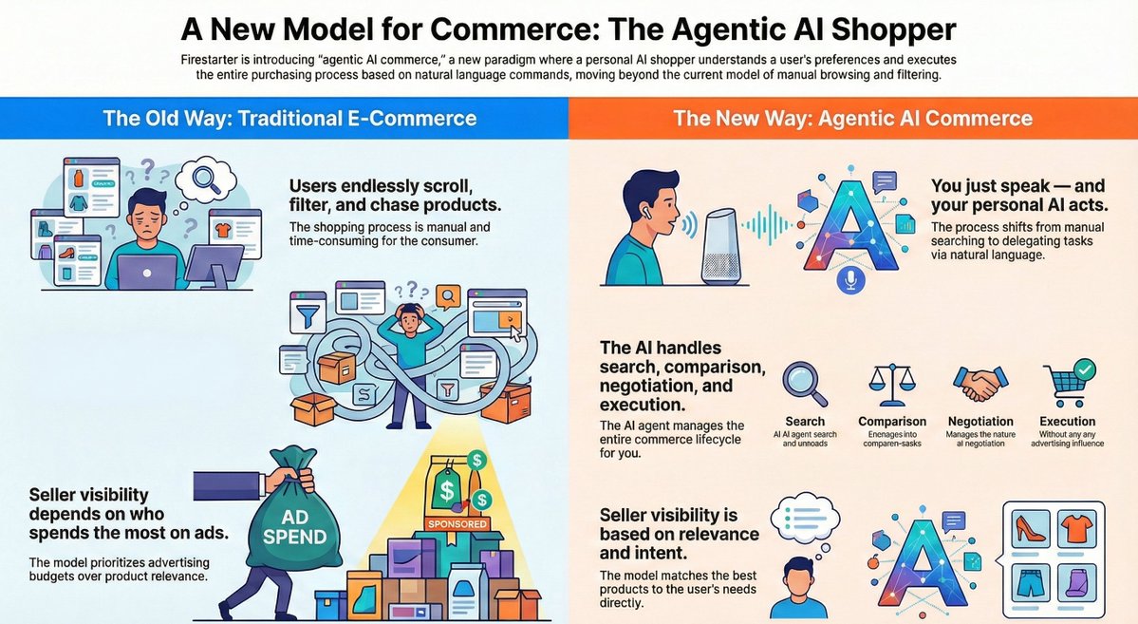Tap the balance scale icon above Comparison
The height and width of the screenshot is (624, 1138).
[891, 384]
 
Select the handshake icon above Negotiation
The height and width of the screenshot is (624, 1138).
[980, 384]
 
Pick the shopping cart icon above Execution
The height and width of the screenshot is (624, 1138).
[1066, 384]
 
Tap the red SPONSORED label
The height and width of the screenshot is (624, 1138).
[457, 523]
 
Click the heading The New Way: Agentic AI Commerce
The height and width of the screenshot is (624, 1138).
[852, 119]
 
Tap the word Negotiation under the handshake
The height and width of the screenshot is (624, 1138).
[980, 422]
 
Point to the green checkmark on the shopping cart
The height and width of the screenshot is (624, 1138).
[1083, 367]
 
